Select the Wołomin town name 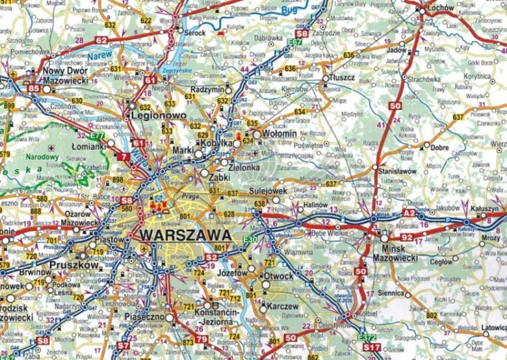click(x=279, y=134)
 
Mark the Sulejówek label click(x=268, y=192)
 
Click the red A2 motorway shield click(x=408, y=213)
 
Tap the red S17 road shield click(x=371, y=347)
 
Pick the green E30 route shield click(x=249, y=239)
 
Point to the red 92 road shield click(x=406, y=237)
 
